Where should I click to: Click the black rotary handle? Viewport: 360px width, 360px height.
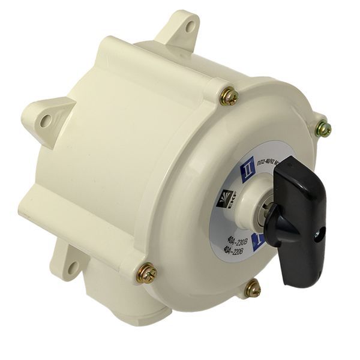click(300, 204)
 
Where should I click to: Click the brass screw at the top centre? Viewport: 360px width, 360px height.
click(228, 96)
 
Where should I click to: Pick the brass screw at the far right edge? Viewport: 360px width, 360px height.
click(323, 128)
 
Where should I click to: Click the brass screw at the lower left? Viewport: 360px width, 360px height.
click(146, 274)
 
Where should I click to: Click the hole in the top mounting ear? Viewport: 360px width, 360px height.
click(190, 26)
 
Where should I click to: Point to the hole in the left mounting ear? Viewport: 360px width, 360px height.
click(46, 121)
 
